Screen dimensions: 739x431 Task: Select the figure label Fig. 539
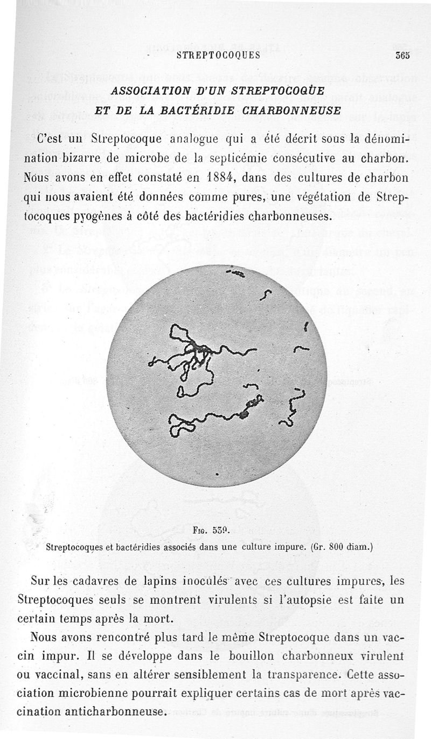(215, 530)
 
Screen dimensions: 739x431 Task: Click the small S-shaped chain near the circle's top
(266, 295)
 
